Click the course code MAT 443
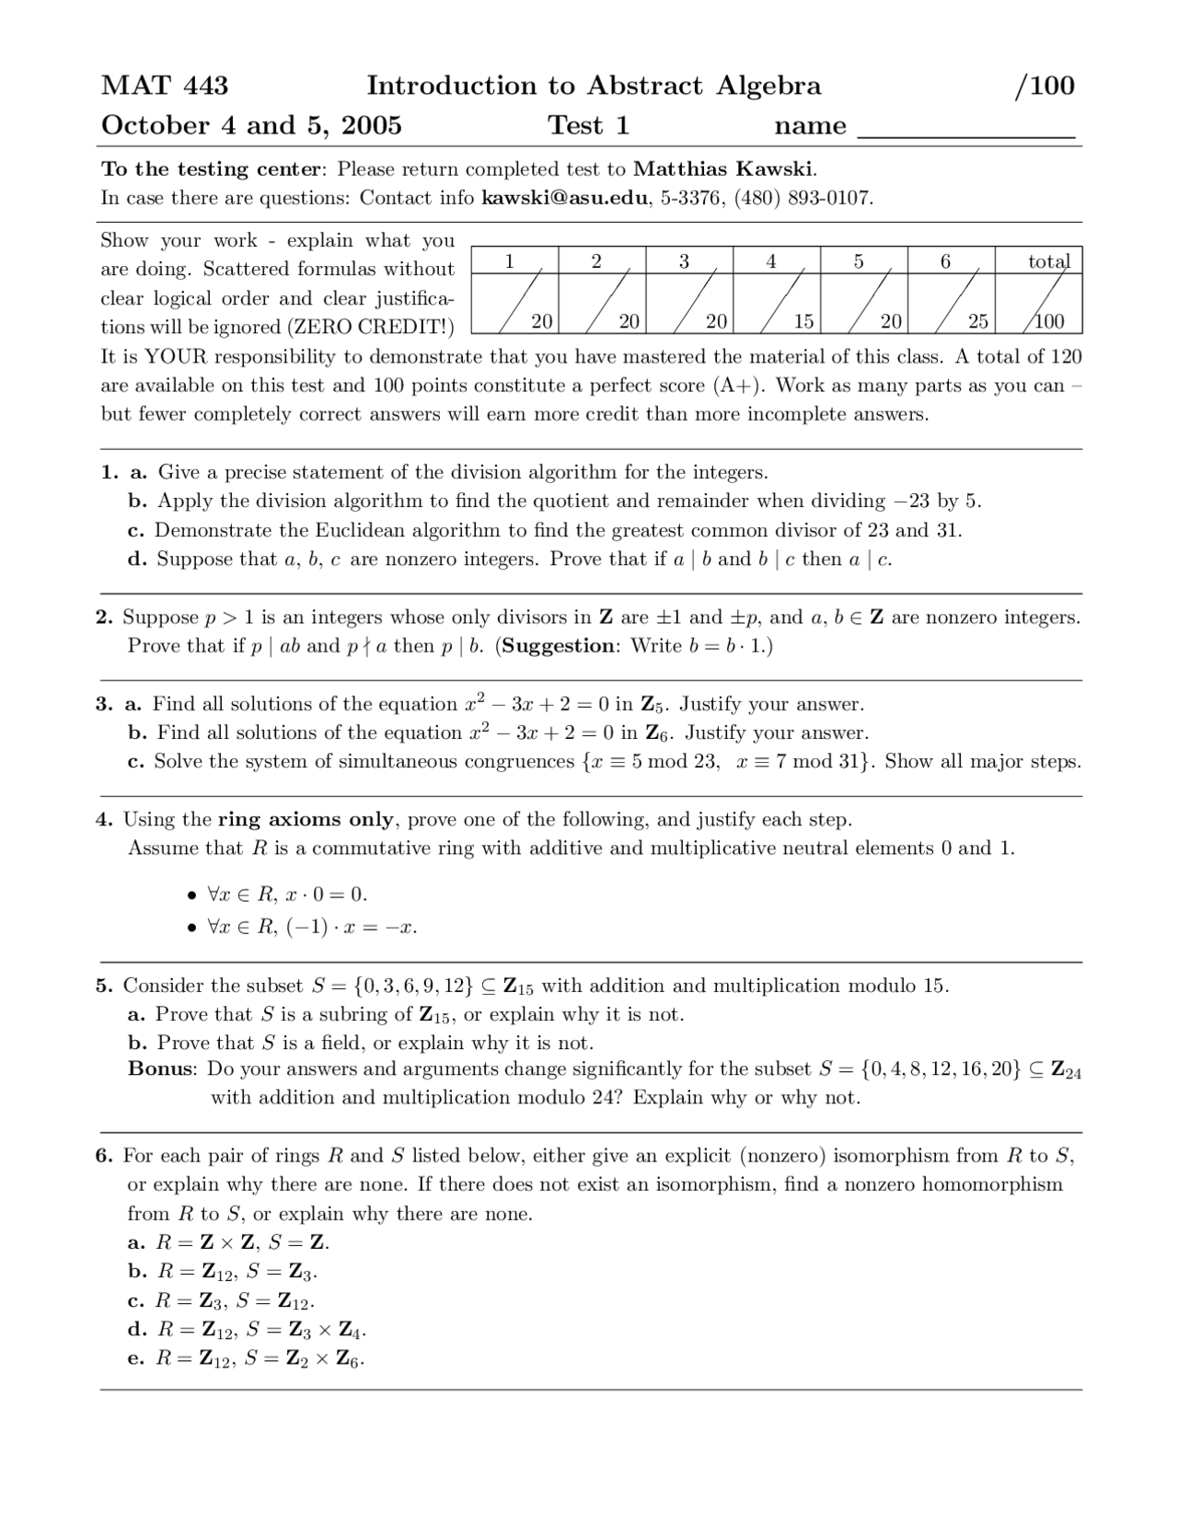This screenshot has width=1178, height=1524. tap(165, 86)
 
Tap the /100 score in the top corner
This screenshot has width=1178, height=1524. tap(1044, 86)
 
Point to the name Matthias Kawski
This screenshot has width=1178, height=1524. tap(723, 169)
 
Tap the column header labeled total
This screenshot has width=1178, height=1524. tap(1048, 261)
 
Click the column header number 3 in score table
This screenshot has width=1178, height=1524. tap(684, 261)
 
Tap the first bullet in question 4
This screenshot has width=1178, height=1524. tap(191, 895)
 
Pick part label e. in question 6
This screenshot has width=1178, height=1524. tap(136, 1358)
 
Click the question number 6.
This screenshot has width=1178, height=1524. tap(104, 1156)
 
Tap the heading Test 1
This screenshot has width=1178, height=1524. tap(589, 125)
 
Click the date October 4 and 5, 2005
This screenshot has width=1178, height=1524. tap(251, 125)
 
